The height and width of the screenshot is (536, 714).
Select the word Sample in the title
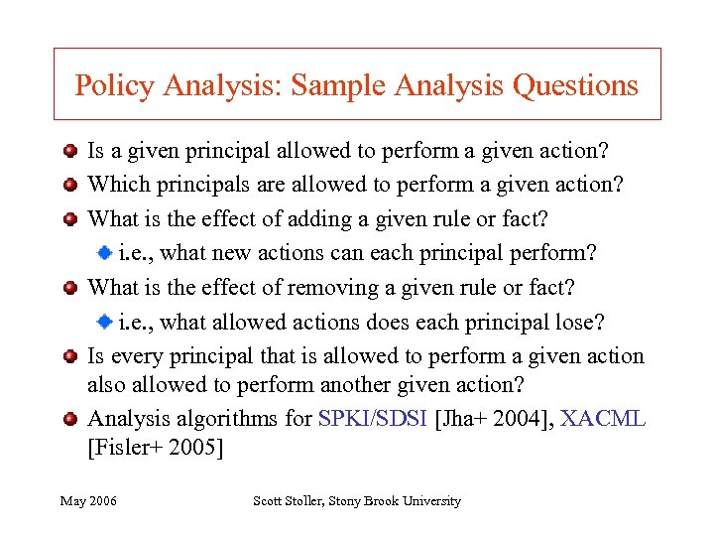coord(337,85)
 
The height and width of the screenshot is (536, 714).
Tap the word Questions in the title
coord(575,85)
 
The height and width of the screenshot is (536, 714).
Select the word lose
coord(581,322)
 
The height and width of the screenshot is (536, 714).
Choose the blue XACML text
coord(603,418)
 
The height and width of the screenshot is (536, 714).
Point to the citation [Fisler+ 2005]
coord(156,448)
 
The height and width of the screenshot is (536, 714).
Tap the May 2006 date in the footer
coord(88,501)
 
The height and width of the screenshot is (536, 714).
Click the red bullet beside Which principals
coord(69,186)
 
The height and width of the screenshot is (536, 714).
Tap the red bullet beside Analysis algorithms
coord(69,419)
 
